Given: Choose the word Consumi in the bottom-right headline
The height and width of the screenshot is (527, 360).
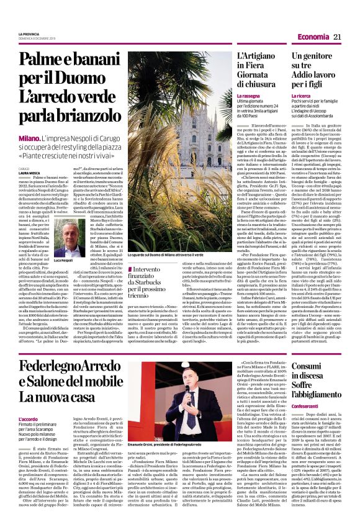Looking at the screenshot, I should click(x=309, y=366).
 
